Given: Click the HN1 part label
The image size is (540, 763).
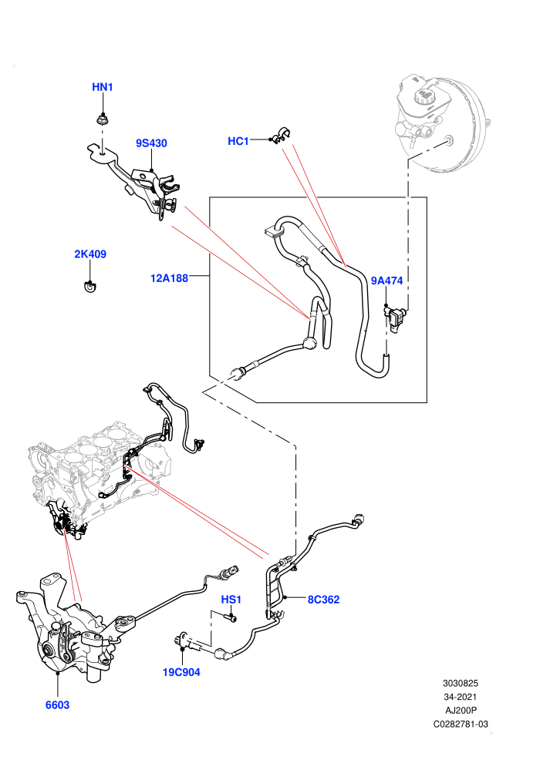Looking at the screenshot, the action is [103, 87].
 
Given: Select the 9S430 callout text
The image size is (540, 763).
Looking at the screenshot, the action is [151, 143].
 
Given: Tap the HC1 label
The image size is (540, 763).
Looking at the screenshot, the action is [238, 141].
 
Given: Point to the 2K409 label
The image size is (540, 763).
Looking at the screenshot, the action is [90, 254].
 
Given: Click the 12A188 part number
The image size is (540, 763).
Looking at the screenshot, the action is [169, 278].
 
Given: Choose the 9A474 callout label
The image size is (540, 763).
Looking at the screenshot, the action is [386, 281].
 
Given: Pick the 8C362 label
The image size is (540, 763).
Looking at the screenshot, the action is [323, 600].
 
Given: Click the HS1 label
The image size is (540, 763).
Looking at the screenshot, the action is [231, 600].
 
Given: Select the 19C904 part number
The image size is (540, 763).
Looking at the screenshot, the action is [181, 672].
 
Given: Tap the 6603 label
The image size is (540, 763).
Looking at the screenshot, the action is [57, 704].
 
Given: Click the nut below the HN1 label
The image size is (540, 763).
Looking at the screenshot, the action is [103, 118].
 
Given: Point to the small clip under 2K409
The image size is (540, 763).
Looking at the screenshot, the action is [89, 287].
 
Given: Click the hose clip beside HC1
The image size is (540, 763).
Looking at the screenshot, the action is [281, 136].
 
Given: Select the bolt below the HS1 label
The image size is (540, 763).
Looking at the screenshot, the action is [231, 617].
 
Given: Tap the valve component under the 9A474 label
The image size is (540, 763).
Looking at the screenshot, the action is [396, 318].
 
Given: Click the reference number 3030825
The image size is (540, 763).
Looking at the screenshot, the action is [460, 683].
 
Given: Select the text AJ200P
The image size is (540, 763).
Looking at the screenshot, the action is [461, 711].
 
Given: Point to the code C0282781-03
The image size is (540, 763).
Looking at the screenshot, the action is [461, 724].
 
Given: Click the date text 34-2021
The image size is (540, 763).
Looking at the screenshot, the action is [460, 697].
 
